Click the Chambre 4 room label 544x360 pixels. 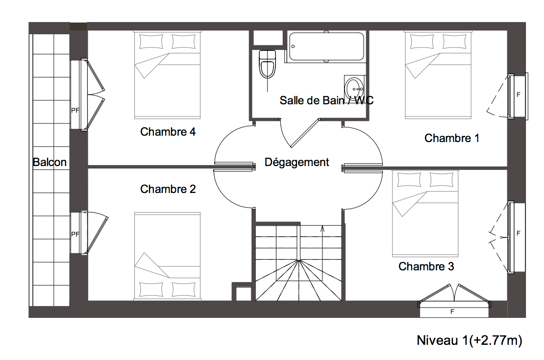[x=168, y=132]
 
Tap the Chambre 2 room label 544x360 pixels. [x=168, y=189]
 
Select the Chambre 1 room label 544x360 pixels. [x=452, y=138]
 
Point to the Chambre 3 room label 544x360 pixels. [x=426, y=266]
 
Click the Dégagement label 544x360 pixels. [x=297, y=162]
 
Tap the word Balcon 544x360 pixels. [x=49, y=162]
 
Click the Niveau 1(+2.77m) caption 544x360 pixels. [x=470, y=340]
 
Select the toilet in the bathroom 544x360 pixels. [x=267, y=65]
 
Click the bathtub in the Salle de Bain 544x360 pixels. [x=326, y=47]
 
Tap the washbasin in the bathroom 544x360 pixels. [x=354, y=87]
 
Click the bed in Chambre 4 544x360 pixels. [x=167, y=74]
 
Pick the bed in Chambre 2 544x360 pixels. [x=167, y=256]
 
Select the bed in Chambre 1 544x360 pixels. [x=438, y=74]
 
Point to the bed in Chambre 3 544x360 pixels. [x=425, y=213]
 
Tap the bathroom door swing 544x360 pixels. [x=300, y=133]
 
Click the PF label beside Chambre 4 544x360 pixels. [x=75, y=110]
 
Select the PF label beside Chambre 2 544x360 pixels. [x=75, y=234]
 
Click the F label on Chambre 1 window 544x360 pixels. [x=519, y=95]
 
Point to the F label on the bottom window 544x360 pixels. [x=452, y=312]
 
